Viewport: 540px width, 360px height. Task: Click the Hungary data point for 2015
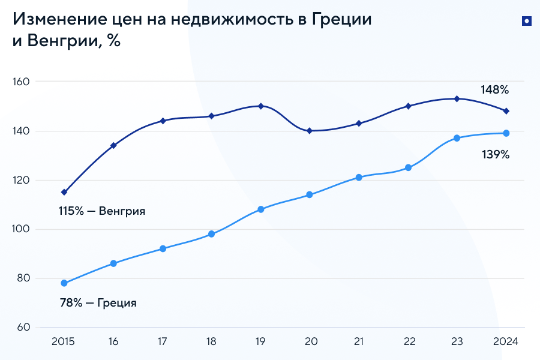64,192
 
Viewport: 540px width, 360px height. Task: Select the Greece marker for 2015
64,283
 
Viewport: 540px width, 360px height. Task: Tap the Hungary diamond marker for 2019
260,106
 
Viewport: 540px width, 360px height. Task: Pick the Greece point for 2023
457,138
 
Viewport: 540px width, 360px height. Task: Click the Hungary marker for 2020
310,130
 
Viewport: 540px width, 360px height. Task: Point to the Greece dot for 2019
260,209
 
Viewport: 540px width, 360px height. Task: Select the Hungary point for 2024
506,111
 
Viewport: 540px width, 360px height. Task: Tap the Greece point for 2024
506,133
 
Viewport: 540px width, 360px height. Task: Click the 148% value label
494,90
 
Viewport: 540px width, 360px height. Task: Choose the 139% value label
496,155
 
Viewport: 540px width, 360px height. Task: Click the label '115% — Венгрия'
102,211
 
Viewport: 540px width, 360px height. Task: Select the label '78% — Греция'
98,303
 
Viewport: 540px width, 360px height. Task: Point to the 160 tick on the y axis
23,82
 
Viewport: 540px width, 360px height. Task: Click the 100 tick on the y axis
23,229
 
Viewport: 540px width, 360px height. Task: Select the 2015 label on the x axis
64,341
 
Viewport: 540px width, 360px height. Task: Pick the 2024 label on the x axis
505,341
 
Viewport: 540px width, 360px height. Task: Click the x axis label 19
260,341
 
